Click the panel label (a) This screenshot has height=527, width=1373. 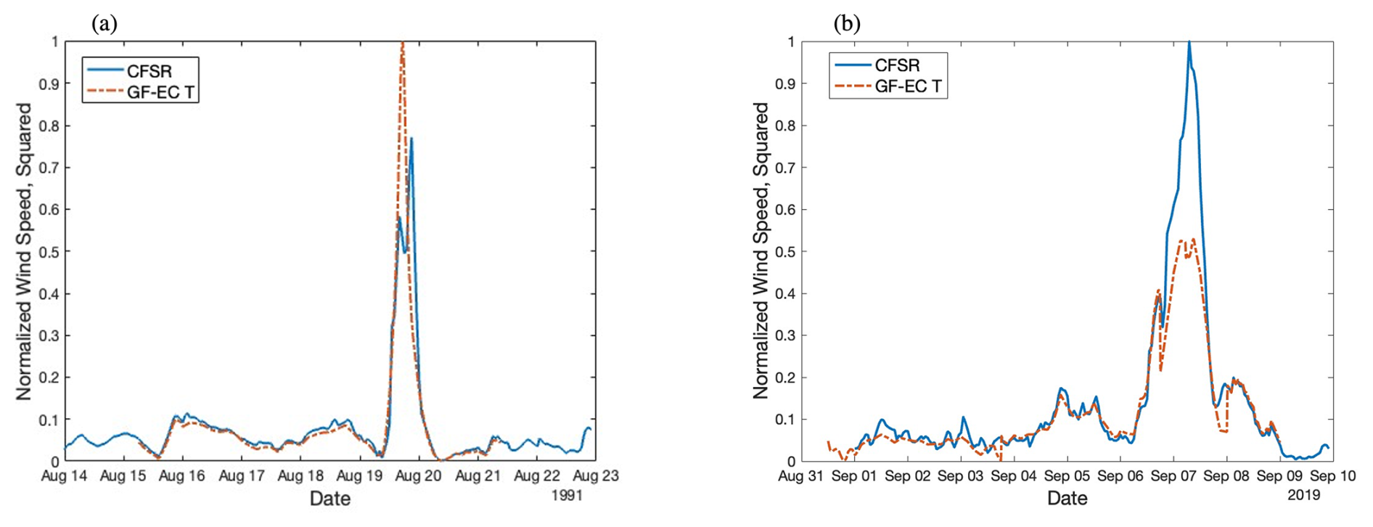pyautogui.click(x=104, y=24)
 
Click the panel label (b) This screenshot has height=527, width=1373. pyautogui.click(x=846, y=24)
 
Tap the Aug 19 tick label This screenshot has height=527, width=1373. pyautogui.click(x=360, y=476)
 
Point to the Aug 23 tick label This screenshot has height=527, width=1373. pyautogui.click(x=596, y=476)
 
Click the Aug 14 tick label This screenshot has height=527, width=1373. pyautogui.click(x=65, y=476)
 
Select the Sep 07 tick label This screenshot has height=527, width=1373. pyautogui.click(x=1173, y=476)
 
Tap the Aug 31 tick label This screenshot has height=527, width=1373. pyautogui.click(x=801, y=476)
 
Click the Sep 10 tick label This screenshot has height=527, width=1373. pyautogui.click(x=1333, y=476)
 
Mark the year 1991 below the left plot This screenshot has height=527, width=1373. pyautogui.click(x=567, y=496)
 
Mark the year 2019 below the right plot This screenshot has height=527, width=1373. pyautogui.click(x=1304, y=496)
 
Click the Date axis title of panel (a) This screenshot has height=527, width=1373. pyautogui.click(x=330, y=499)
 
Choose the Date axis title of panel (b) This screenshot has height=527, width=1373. pyautogui.click(x=1067, y=499)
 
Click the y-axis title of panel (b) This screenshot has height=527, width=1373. pyautogui.click(x=761, y=250)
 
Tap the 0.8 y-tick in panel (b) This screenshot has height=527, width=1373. pyautogui.click(x=786, y=126)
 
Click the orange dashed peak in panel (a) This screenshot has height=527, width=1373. pyautogui.click(x=402, y=43)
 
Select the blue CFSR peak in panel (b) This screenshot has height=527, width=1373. pyautogui.click(x=1189, y=43)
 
